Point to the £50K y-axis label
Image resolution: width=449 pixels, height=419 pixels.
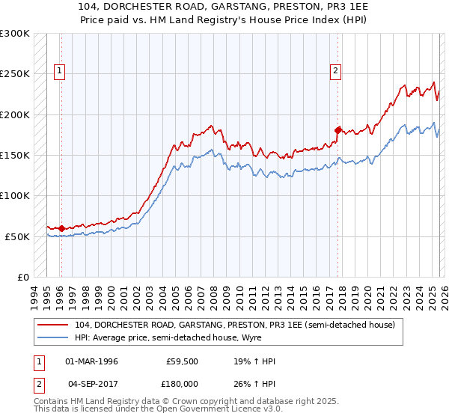click(x=17, y=236)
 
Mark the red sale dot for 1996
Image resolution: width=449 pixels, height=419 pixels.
click(x=61, y=228)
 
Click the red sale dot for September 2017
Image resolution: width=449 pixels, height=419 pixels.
click(x=337, y=130)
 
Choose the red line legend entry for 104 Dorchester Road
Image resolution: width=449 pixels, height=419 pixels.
click(x=239, y=324)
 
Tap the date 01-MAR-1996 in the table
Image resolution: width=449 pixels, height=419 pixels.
click(x=92, y=361)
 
